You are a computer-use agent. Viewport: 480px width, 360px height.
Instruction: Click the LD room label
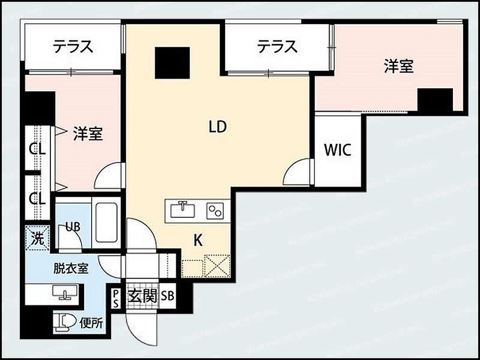tap(217, 127)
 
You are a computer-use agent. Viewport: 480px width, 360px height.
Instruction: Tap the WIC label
tap(337, 149)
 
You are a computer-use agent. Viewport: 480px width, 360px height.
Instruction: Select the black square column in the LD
tap(172, 62)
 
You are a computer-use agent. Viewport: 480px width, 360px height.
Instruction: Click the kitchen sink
tap(182, 210)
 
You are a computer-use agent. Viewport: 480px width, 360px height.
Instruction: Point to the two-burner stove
tap(215, 210)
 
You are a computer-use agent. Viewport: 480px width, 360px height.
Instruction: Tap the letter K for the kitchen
tap(197, 241)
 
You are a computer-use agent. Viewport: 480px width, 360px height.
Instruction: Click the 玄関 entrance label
tap(143, 296)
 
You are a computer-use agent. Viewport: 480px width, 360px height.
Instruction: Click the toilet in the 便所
tap(66, 323)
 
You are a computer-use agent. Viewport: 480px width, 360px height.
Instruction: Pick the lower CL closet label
tap(38, 198)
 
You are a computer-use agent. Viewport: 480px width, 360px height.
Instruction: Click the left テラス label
tap(72, 47)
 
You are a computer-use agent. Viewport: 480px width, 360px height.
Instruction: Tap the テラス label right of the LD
tap(277, 47)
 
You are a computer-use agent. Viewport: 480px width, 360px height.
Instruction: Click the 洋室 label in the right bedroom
tap(398, 66)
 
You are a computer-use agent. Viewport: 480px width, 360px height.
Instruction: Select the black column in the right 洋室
tap(435, 100)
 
